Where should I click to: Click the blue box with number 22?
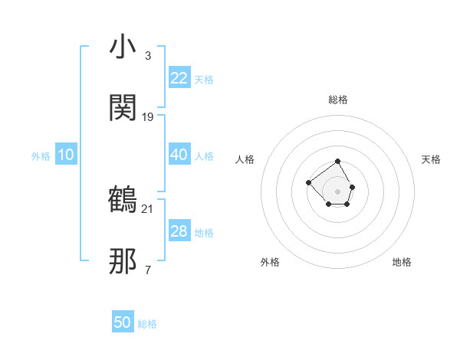pos(179,78)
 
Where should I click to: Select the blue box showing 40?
pos(179,155)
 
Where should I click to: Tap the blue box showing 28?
pos(179,231)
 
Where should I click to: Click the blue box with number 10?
pos(66,155)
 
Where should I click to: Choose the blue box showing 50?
pos(123,322)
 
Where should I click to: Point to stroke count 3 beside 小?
pos(148,56)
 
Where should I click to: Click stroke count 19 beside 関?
pos(148,117)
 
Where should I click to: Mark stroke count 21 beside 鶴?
pos(148,208)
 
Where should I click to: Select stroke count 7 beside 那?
pos(148,270)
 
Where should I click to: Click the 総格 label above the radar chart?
pos(338,100)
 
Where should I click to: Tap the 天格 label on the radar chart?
pos(431,159)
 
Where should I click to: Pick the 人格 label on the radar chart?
pos(245,159)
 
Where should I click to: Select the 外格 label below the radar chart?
pos(270,262)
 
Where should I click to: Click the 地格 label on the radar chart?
pos(402,262)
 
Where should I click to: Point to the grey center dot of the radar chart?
pos(338,191)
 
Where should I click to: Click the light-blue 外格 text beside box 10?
pos(41,155)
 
